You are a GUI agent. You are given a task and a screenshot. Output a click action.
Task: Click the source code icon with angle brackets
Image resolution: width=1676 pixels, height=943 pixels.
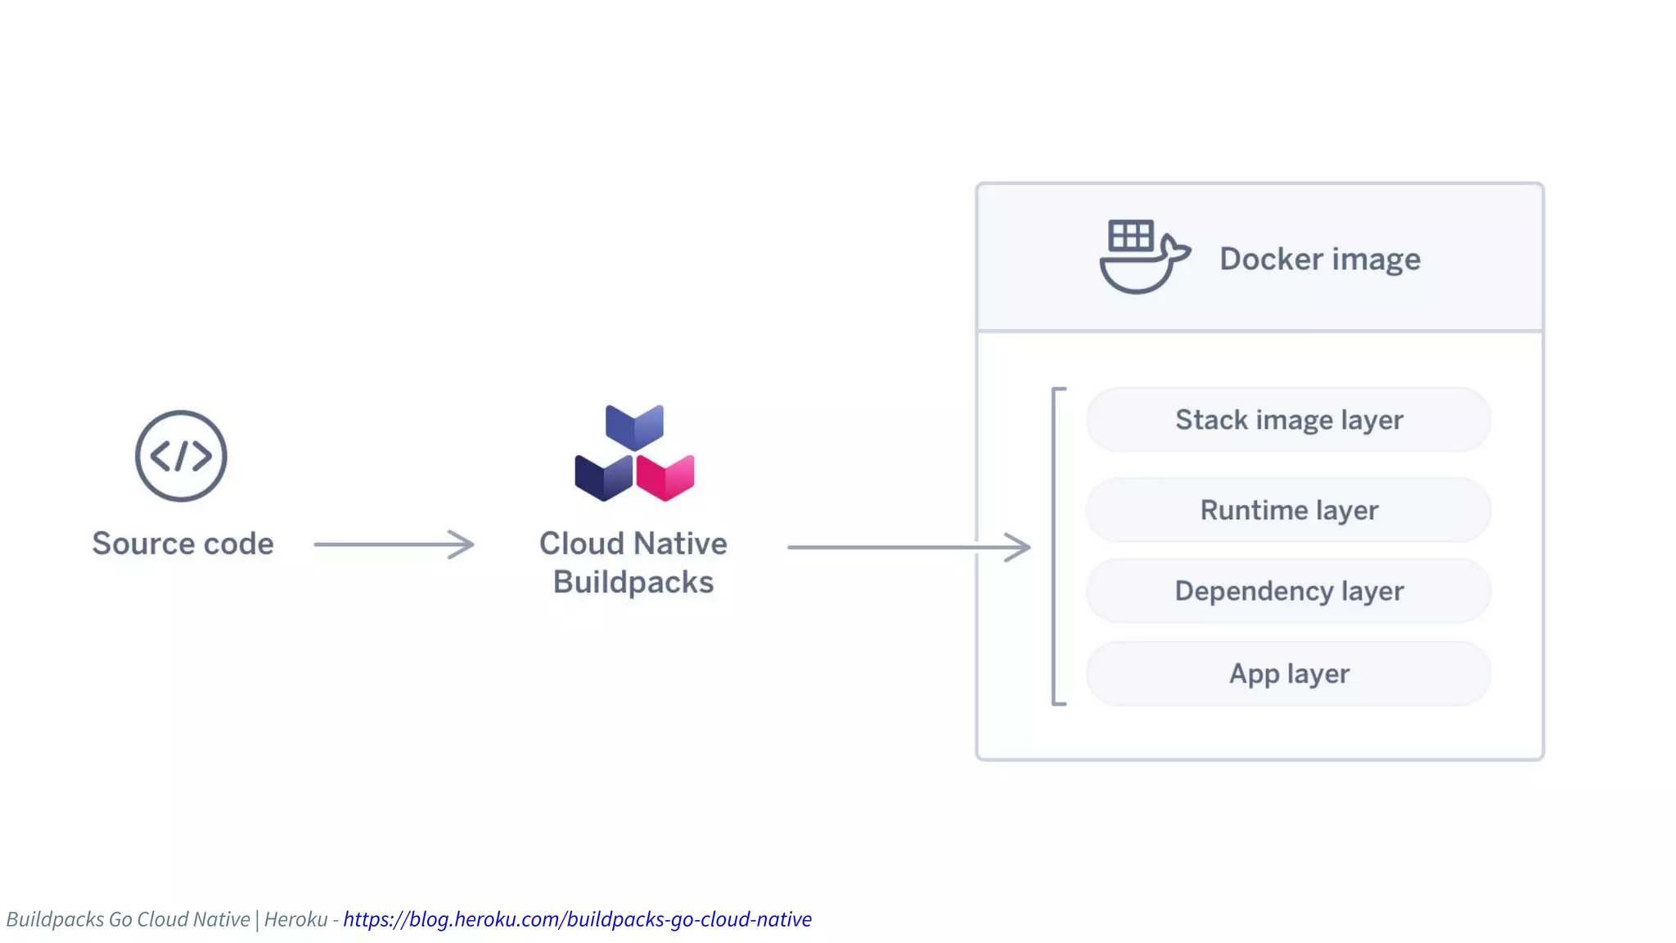click(181, 456)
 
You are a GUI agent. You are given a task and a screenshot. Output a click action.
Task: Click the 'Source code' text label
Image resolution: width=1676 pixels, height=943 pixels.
click(182, 544)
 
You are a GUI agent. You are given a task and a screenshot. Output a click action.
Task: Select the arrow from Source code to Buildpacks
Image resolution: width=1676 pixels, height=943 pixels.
click(394, 544)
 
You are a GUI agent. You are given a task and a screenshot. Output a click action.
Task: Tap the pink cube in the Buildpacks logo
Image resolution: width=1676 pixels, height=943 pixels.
click(666, 477)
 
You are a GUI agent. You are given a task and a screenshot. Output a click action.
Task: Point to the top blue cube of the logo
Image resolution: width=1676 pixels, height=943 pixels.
click(634, 426)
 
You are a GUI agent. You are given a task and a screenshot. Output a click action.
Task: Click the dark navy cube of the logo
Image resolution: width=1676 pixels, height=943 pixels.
click(603, 477)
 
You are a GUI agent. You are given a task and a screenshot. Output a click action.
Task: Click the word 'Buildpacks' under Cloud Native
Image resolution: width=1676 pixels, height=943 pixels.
click(633, 582)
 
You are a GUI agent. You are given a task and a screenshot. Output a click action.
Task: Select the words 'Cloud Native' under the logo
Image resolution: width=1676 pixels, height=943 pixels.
click(633, 544)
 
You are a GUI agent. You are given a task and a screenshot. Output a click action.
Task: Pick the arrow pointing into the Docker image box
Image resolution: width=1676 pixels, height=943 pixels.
click(908, 547)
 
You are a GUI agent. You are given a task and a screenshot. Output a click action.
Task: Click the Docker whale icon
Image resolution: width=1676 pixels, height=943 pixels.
click(1142, 259)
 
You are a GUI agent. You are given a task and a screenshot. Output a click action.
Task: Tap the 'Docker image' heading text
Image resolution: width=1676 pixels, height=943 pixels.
click(1320, 259)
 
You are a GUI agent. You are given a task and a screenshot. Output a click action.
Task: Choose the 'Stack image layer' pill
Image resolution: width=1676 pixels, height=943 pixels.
click(1288, 420)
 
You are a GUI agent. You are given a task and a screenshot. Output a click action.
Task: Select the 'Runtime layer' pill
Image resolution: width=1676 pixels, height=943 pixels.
click(1288, 510)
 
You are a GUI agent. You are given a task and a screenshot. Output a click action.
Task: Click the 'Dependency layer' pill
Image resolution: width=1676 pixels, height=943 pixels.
click(1288, 591)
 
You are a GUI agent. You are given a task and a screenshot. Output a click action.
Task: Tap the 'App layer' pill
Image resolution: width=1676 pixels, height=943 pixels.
click(1288, 674)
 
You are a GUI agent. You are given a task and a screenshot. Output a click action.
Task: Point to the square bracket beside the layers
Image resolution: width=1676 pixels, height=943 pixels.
click(1056, 546)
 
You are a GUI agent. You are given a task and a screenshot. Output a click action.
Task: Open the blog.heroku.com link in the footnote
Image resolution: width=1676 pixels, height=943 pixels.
click(577, 919)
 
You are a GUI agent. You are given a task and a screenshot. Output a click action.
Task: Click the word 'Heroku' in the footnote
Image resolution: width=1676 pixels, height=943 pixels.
click(295, 919)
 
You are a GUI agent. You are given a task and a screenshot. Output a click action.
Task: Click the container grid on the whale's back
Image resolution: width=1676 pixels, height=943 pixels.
click(1131, 237)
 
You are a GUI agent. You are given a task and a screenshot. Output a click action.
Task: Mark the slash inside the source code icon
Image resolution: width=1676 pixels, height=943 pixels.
click(181, 456)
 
